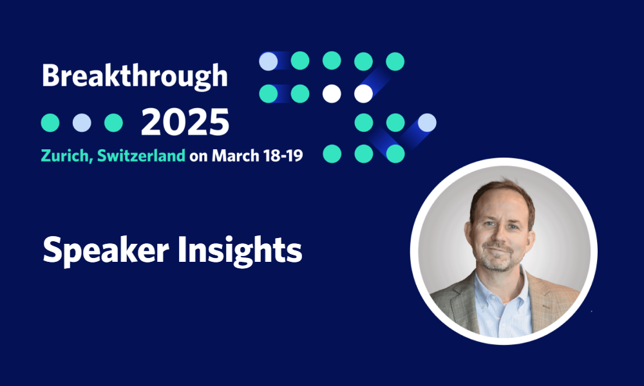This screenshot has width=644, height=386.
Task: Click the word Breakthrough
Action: pos(135,77)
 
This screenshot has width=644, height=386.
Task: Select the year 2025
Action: pos(185,122)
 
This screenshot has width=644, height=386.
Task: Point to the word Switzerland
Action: pos(141,156)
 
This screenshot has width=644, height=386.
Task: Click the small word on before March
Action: pos(198,157)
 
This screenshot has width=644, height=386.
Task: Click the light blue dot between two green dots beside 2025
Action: pos(82,123)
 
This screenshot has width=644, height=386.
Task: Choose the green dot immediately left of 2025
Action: pos(113,123)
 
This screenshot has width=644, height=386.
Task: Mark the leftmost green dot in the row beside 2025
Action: pos(50,123)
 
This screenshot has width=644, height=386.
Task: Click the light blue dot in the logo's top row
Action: pos(268,61)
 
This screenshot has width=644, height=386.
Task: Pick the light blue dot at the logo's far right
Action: pos(427,123)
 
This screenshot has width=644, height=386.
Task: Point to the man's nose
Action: pos(500,236)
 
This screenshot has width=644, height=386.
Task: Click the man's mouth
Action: pos(498,251)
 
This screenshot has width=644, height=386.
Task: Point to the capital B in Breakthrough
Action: pos(51,76)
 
